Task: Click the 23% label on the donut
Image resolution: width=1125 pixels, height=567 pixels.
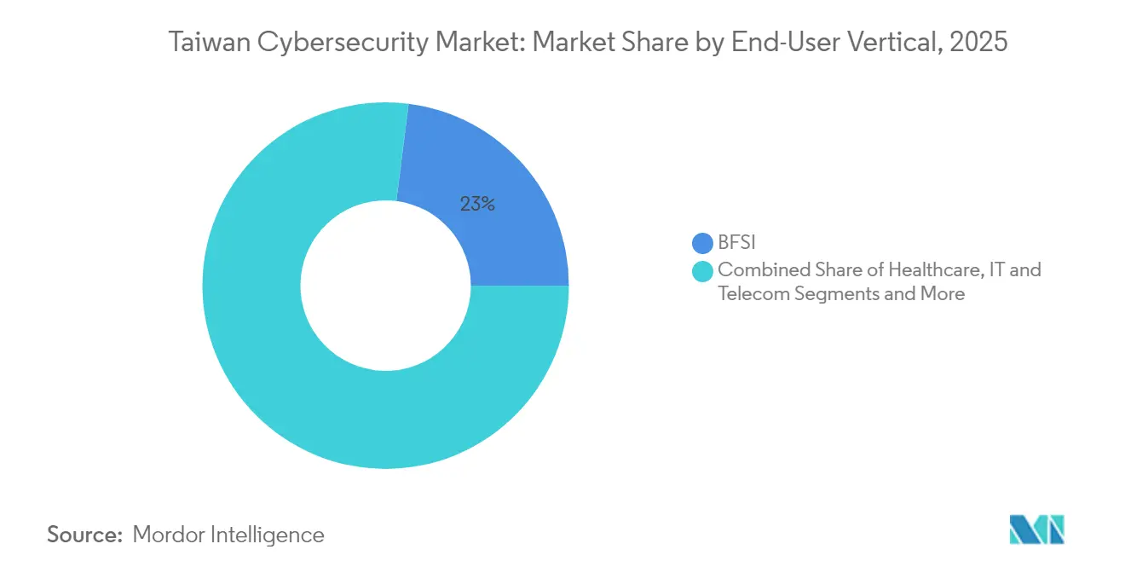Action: coord(477,204)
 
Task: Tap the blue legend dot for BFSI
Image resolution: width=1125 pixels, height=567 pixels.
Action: coord(703,244)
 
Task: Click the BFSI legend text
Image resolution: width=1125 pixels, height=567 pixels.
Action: coord(737,244)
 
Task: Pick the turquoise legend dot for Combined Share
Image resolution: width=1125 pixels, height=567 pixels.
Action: coord(703,271)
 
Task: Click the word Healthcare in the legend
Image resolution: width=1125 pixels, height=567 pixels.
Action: coord(939,270)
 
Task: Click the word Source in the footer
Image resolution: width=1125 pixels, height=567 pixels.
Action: coord(84,535)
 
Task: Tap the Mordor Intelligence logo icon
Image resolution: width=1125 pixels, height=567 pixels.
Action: coord(1036,529)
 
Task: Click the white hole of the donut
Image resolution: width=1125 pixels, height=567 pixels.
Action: coord(385,286)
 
